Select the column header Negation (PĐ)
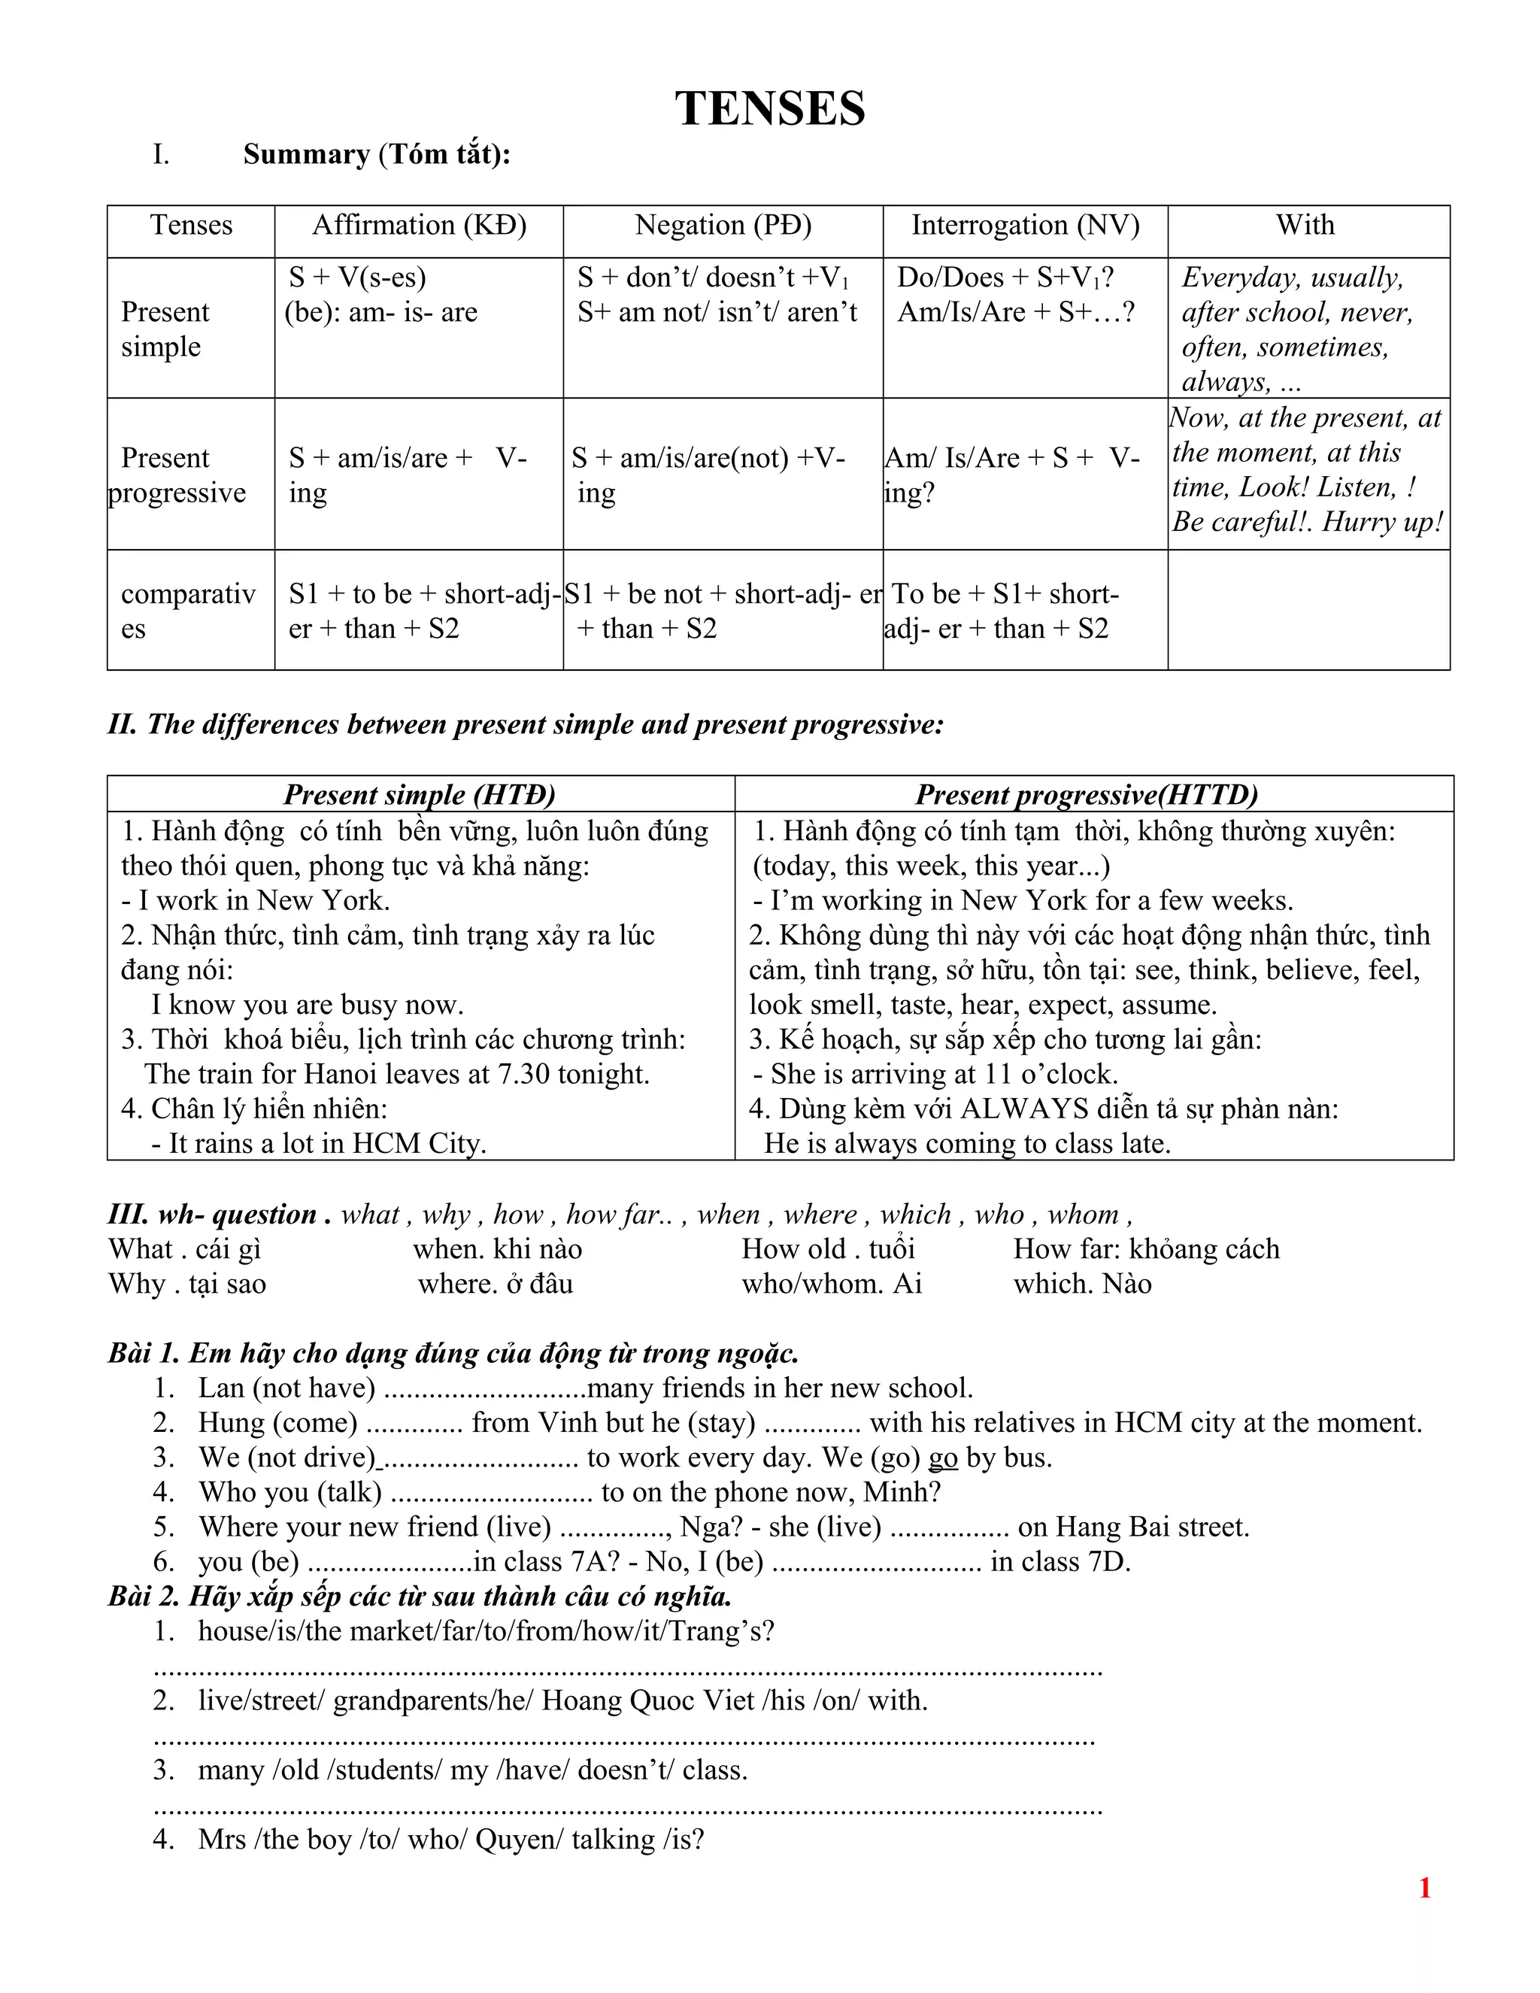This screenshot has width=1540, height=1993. coord(723,226)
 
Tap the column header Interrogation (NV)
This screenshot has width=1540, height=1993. coord(1025,226)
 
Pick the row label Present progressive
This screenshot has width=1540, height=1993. coord(176,475)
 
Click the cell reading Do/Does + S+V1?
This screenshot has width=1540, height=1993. coord(1005,278)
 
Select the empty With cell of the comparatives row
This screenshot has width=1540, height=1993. coord(1308,610)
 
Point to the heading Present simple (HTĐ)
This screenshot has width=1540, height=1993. coord(419,795)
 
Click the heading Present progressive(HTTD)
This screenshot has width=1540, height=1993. coord(1086,795)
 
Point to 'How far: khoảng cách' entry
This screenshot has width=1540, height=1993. coord(1146,1249)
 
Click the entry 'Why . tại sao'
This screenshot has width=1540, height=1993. coord(187,1284)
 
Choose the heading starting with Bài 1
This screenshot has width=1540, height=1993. coord(453,1353)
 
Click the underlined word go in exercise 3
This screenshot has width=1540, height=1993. coord(942,1458)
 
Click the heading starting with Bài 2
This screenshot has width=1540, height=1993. coord(420,1596)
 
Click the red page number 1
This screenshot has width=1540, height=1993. coord(1424,1888)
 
